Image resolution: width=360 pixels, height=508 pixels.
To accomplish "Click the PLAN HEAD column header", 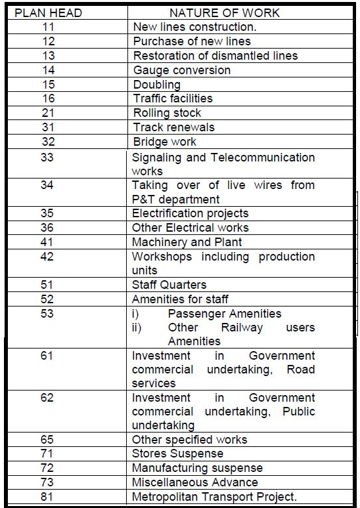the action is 46,12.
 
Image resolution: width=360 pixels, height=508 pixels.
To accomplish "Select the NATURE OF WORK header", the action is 224,12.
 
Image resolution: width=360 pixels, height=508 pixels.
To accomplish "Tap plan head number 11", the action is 47,27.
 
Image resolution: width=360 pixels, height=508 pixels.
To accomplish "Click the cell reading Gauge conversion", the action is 182,70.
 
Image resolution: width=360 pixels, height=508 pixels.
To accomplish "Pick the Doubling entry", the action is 156,85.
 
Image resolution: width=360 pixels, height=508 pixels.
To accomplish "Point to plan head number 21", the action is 47,113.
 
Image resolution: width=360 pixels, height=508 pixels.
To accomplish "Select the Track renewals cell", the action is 173,127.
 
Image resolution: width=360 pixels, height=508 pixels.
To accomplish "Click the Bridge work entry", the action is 164,142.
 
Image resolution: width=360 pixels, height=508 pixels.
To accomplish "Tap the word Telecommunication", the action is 262,158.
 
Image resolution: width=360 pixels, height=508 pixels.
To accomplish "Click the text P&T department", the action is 175,199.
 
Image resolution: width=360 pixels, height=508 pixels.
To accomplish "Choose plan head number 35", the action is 47,213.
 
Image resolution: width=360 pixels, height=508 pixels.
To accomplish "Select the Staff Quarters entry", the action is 169,285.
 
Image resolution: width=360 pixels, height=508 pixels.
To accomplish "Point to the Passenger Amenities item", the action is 224,314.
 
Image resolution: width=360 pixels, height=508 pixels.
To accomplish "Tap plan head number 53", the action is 47,314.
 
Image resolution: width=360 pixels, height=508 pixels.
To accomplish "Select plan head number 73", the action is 47,482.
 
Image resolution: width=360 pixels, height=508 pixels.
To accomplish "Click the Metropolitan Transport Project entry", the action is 214,497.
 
